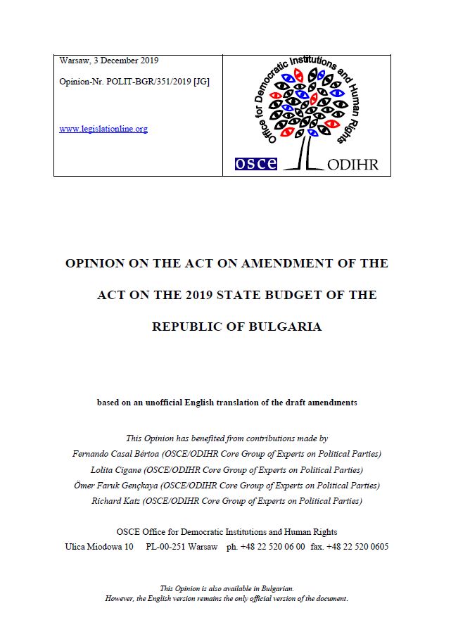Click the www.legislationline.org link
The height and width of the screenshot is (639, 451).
pos(103,129)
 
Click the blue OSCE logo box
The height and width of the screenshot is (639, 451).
pos(256,164)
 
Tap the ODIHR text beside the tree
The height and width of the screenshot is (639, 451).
pos(353,165)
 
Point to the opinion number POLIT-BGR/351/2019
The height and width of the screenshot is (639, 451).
pos(155,82)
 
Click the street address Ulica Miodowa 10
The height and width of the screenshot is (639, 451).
pos(99,546)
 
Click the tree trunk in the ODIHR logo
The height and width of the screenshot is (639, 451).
pos(305,149)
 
